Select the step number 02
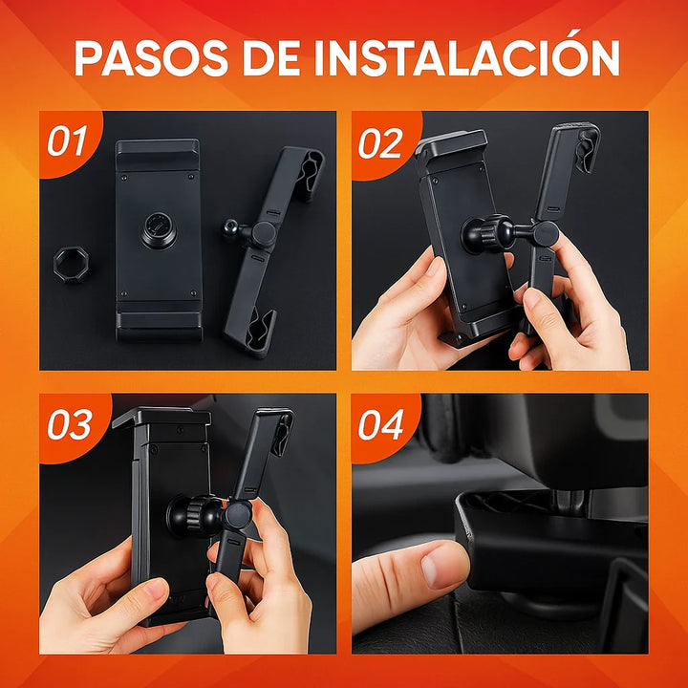(380, 142)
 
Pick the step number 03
(69, 424)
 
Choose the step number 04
(381, 424)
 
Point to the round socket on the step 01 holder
(159, 230)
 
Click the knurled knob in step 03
(189, 516)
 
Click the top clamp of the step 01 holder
(158, 153)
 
